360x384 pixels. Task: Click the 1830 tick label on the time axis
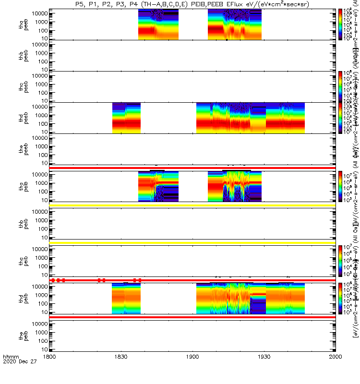(121, 370)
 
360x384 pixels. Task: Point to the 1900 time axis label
(192, 370)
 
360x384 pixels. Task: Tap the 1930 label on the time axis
(264, 370)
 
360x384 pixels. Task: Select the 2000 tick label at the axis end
(336, 370)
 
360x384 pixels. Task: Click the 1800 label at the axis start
(49, 370)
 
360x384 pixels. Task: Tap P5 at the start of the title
(80, 4)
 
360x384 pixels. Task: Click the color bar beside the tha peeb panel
(340, 24)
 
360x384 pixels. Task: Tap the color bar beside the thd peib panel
(340, 299)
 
